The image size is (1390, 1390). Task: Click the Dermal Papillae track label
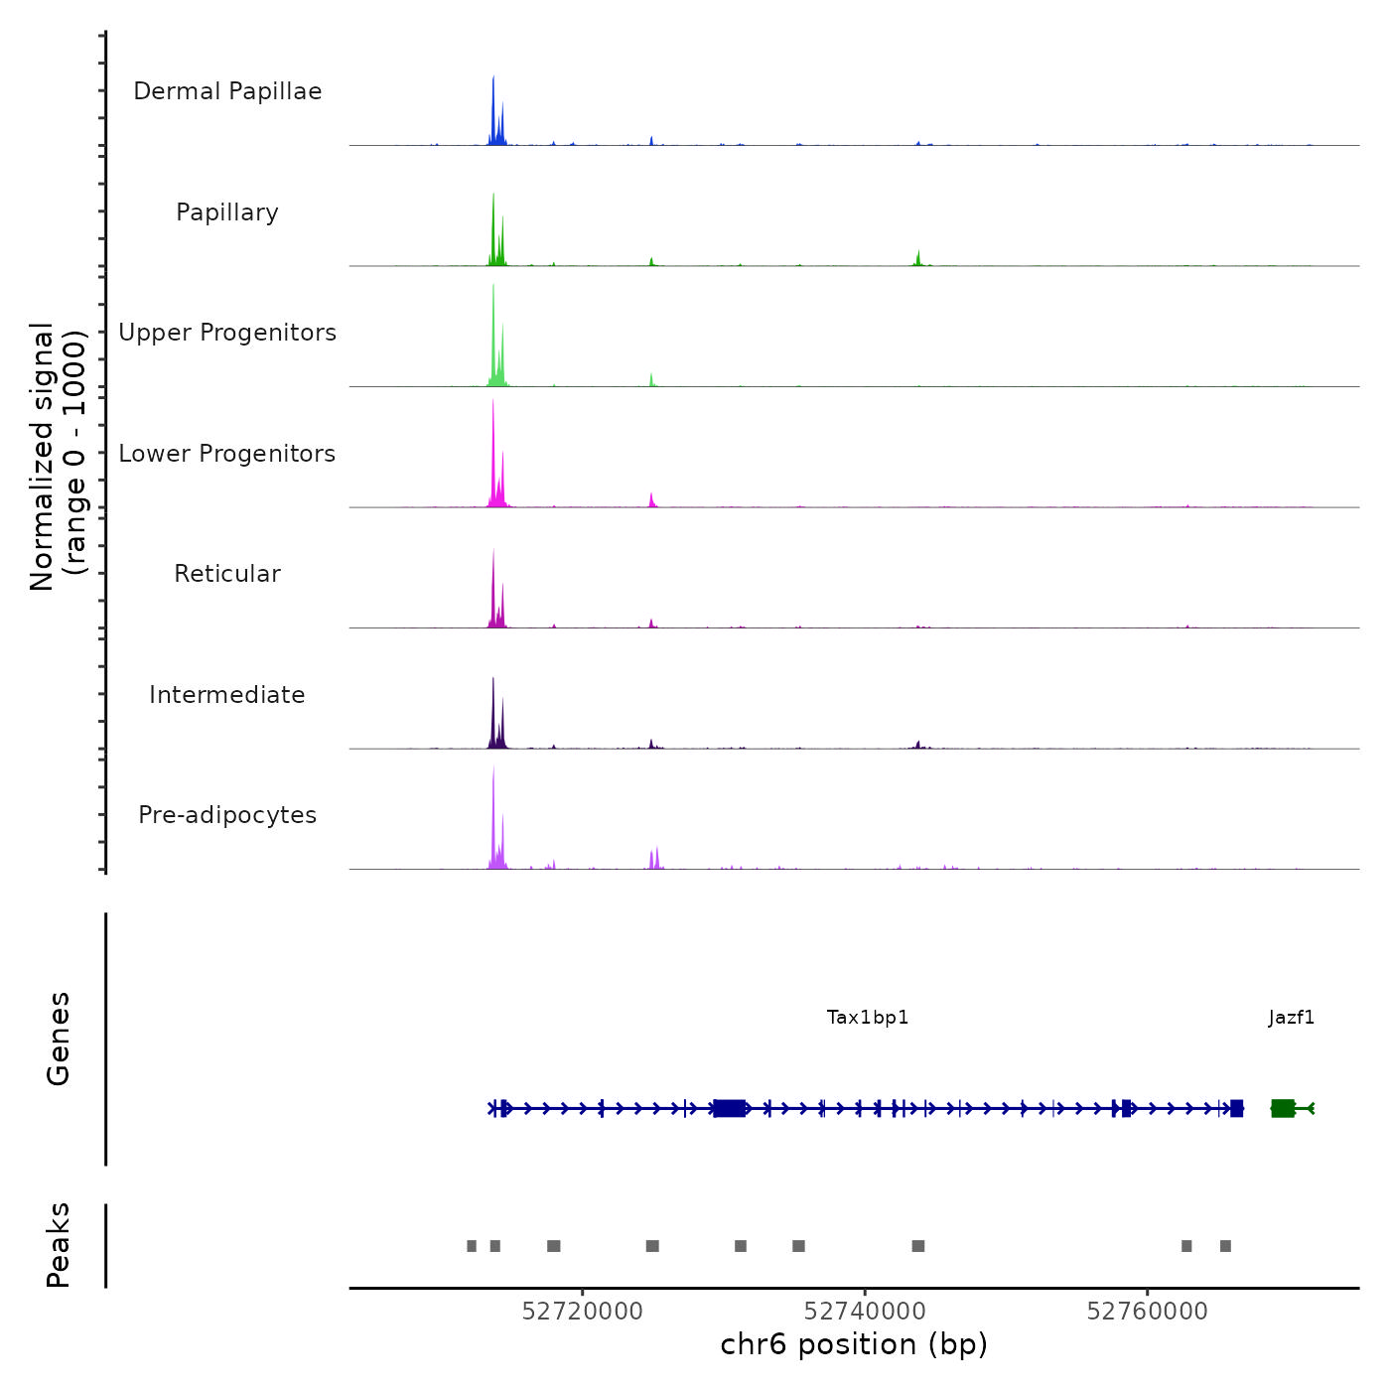[227, 91]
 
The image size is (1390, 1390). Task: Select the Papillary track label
[227, 212]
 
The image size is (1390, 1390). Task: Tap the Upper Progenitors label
[227, 333]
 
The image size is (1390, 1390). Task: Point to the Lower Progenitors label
[227, 454]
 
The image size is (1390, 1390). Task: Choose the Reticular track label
[227, 574]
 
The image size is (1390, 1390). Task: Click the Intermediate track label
[227, 695]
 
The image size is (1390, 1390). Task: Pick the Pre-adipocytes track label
[227, 815]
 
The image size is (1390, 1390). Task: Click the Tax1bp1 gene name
[868, 1018]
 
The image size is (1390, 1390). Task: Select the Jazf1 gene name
[1292, 1018]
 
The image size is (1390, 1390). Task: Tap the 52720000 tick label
[583, 1312]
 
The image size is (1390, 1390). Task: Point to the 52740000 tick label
[865, 1312]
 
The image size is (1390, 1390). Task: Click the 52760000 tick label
[1148, 1312]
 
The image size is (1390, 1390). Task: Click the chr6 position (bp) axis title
[854, 1345]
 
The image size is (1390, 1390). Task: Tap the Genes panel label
[59, 1039]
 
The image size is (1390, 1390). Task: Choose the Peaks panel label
[59, 1245]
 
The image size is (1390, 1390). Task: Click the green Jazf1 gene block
[1283, 1108]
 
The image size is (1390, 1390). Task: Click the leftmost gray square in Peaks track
[472, 1246]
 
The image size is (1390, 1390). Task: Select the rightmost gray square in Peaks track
[1225, 1246]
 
